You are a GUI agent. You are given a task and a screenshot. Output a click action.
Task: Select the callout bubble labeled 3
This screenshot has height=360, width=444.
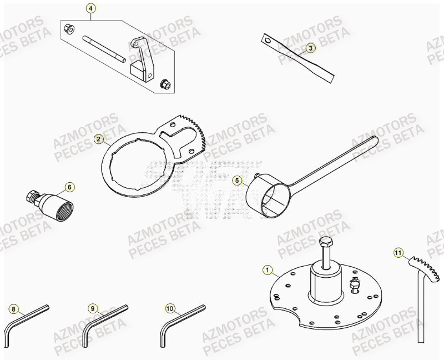tap(311, 48)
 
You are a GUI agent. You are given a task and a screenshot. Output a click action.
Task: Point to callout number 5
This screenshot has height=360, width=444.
tap(237, 180)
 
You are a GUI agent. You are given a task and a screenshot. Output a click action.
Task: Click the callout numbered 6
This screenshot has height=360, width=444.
tap(69, 187)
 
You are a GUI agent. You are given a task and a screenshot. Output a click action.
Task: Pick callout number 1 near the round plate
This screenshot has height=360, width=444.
tap(268, 271)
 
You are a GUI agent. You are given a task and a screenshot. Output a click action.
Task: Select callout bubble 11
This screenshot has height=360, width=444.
tap(397, 253)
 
